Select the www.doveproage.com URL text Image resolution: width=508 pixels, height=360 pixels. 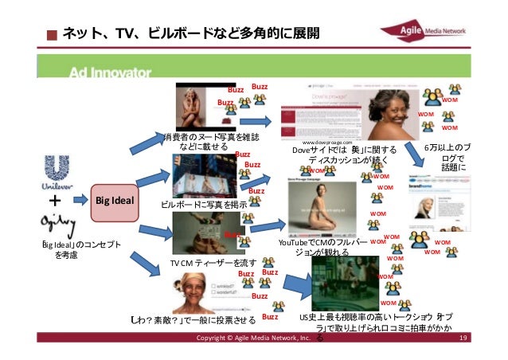pos(327,141)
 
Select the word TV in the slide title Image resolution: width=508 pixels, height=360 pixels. pos(127,33)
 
